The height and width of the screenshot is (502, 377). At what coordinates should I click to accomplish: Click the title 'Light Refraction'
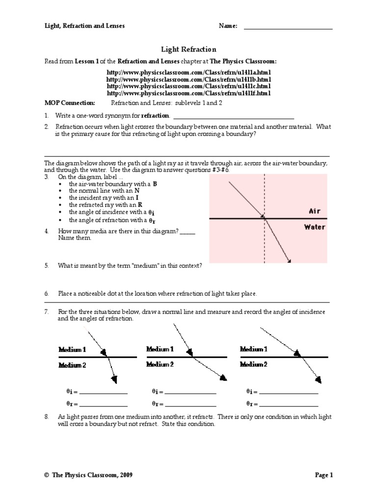tap(188, 50)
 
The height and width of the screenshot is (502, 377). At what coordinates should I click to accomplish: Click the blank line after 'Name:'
tap(288, 27)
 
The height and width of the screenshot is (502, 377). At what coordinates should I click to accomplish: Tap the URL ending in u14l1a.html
tap(188, 73)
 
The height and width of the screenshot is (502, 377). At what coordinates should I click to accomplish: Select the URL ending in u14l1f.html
tap(188, 93)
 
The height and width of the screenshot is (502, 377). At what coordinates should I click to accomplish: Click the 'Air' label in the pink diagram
tap(314, 211)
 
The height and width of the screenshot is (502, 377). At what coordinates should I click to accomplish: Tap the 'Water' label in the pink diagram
tap(314, 227)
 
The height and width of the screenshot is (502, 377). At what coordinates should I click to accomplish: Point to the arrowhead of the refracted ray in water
tap(289, 261)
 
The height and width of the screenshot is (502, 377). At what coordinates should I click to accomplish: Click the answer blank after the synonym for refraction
tap(233, 117)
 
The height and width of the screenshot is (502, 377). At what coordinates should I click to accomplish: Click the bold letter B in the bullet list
tap(155, 183)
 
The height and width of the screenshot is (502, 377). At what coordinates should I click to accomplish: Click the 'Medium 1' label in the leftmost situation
tap(72, 350)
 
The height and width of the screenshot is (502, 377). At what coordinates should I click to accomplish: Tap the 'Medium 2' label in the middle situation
tap(160, 364)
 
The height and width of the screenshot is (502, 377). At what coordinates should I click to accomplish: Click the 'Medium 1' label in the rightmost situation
tap(253, 349)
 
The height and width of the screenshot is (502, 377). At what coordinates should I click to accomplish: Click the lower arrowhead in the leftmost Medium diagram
tap(115, 379)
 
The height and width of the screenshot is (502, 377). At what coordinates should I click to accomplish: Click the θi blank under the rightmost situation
tap(289, 392)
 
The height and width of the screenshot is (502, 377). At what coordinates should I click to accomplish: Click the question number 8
tap(47, 417)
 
